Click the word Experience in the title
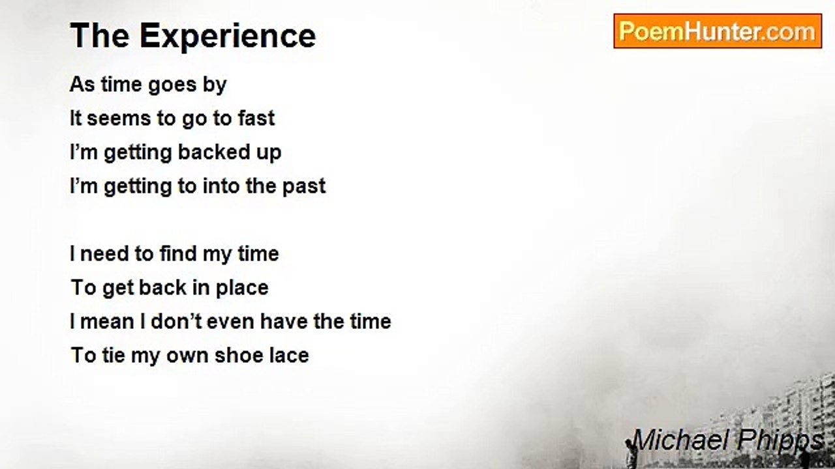pyautogui.click(x=228, y=36)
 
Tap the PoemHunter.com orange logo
pyautogui.click(x=718, y=31)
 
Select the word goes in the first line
pyautogui.click(x=172, y=85)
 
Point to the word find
pyautogui.click(x=178, y=253)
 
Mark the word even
pyautogui.click(x=230, y=322)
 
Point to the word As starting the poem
pyautogui.click(x=82, y=85)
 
